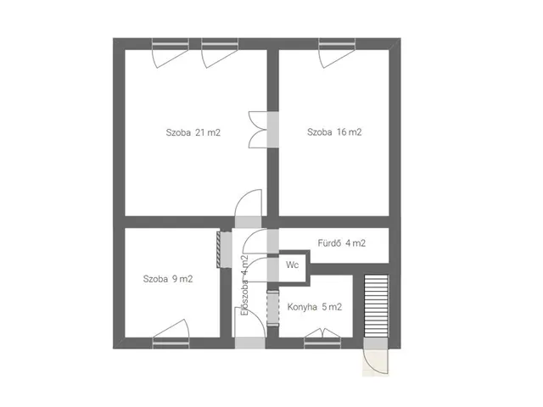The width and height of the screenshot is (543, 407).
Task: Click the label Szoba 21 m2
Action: pos(193,132)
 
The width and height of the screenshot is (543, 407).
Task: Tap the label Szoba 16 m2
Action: pos(334,132)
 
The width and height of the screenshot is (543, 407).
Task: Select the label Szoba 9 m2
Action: pos(168,279)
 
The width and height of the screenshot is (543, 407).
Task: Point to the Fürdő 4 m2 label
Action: pos(341,243)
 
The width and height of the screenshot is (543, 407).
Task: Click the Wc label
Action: pos(292,265)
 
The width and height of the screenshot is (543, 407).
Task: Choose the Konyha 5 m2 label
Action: pos(315,307)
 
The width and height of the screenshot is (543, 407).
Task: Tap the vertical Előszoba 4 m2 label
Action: pos(245,285)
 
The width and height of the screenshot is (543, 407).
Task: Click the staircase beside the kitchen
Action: pos(376,305)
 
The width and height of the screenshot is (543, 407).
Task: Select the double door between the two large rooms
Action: pos(263,130)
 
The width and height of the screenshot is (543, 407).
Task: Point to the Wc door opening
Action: pos(273,270)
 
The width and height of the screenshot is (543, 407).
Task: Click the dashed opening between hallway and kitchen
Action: pos(273,308)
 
